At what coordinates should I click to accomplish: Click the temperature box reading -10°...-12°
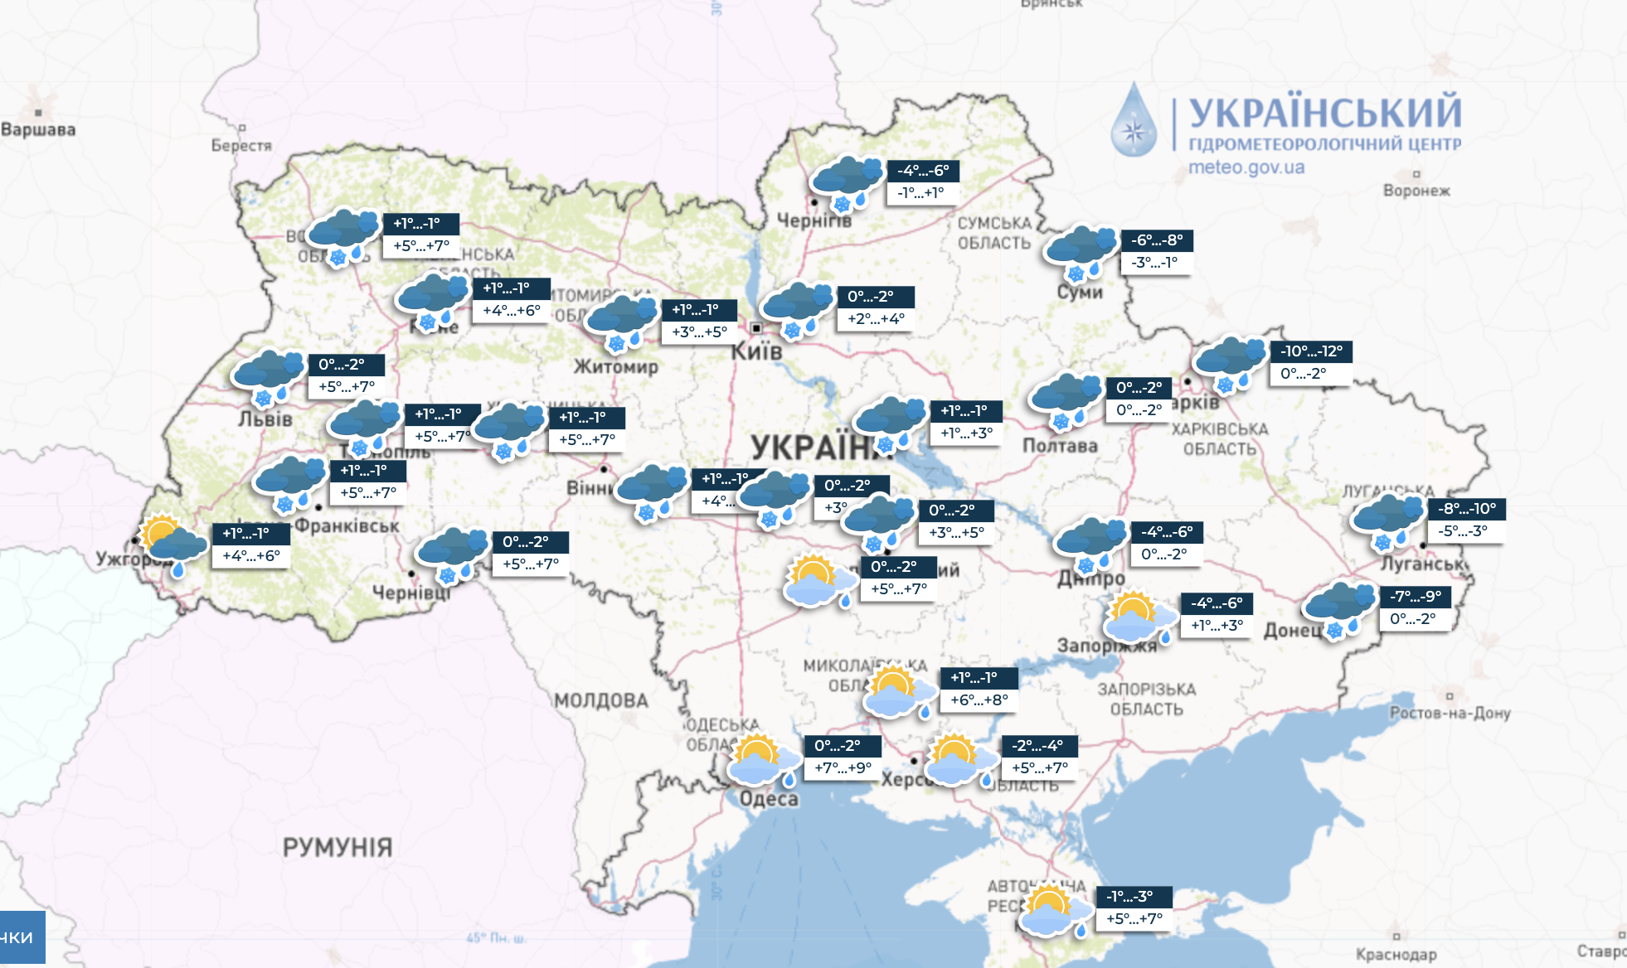[1311, 351]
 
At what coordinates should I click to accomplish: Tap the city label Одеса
[769, 799]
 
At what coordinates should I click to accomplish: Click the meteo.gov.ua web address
[1246, 167]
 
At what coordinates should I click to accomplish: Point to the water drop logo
[1134, 121]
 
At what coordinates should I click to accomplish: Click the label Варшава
[38, 129]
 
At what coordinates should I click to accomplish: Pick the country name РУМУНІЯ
[337, 847]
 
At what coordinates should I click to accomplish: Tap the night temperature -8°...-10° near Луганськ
[1467, 509]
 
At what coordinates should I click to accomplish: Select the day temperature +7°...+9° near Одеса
[843, 768]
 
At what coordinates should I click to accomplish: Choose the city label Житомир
[616, 366]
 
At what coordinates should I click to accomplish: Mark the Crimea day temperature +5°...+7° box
[1134, 919]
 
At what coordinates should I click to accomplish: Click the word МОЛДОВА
[601, 701]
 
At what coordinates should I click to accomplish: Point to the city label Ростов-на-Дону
[1450, 713]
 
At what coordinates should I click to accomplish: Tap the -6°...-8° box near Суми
[1157, 240]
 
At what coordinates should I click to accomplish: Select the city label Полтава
[1060, 446]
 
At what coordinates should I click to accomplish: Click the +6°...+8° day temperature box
[979, 700]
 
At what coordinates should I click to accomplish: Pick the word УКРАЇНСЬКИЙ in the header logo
[1325, 113]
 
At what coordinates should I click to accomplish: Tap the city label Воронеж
[1416, 191]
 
